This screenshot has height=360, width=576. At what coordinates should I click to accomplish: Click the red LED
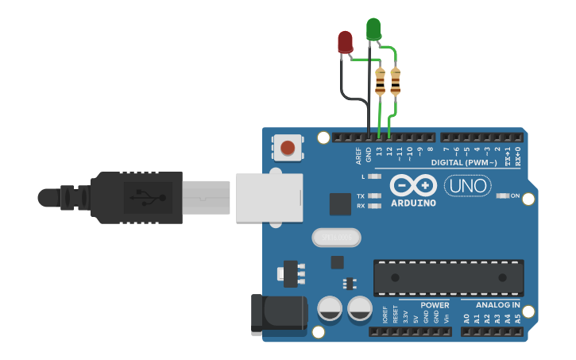[x=345, y=42]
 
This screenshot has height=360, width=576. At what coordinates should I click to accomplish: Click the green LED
[x=373, y=29]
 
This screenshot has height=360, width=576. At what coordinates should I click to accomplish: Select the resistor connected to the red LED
[x=380, y=82]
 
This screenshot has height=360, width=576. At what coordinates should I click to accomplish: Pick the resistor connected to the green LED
[x=396, y=82]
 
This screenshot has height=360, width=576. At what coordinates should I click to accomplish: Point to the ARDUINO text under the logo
[x=413, y=203]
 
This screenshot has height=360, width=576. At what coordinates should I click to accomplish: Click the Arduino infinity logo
[x=413, y=186]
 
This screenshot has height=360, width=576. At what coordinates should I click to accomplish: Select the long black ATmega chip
[x=448, y=277]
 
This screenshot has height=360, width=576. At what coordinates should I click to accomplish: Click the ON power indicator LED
[x=502, y=195]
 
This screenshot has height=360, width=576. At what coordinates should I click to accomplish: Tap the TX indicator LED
[x=376, y=195]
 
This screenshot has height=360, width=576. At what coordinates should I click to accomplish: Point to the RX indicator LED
[x=376, y=206]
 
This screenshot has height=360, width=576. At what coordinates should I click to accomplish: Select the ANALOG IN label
[x=498, y=305]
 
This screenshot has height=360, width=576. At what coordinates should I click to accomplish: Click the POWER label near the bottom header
[x=435, y=305]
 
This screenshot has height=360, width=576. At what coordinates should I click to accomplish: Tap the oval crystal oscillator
[x=336, y=237]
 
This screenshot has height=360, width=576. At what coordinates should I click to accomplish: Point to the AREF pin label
[x=359, y=153]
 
